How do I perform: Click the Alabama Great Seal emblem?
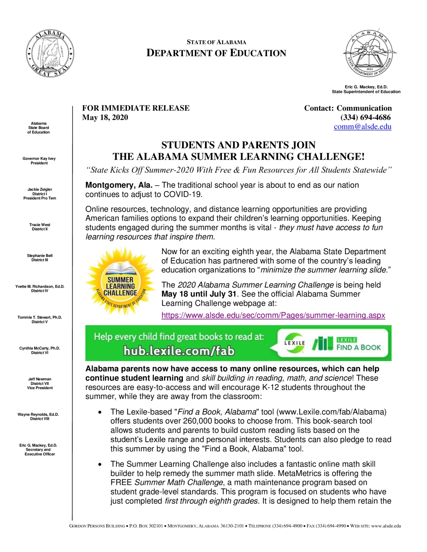click(x=50, y=54)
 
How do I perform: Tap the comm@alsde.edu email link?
click(x=362, y=127)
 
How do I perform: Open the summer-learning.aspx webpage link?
click(x=273, y=315)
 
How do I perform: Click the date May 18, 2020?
click(x=105, y=118)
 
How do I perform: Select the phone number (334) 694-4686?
click(x=365, y=118)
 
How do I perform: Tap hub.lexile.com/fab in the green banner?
click(x=179, y=351)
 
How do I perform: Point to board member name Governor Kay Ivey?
click(x=39, y=159)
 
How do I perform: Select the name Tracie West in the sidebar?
click(x=40, y=225)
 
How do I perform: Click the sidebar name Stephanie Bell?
click(x=40, y=256)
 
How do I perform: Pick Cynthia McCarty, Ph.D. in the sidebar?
click(x=40, y=348)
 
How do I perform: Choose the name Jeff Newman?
click(x=40, y=379)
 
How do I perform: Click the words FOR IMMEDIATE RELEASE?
click(x=136, y=108)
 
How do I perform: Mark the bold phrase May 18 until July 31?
click(x=199, y=294)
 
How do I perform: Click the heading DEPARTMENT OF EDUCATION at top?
click(x=216, y=53)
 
